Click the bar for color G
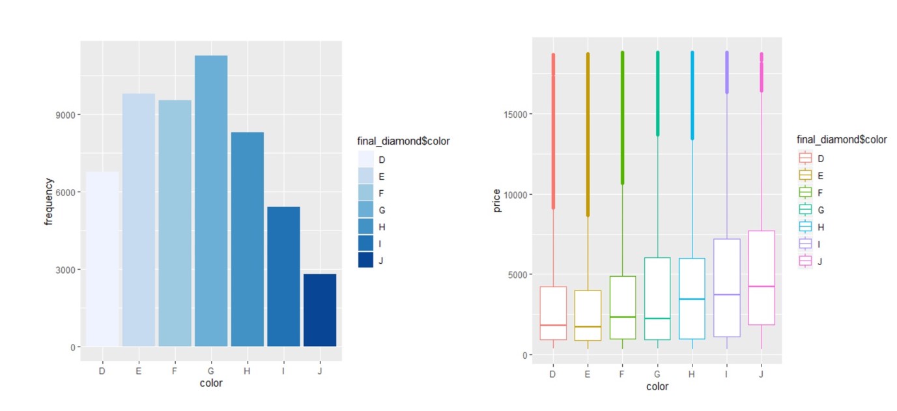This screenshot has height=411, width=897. pos(211,201)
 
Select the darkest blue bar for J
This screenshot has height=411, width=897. pos(320,310)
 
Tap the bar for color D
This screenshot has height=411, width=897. pos(102,259)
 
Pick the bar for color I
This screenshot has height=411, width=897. pos(283,276)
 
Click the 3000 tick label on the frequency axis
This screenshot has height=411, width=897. pos(66,270)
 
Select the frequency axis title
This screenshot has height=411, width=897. pos(48,201)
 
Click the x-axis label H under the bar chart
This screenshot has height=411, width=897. pos(247,371)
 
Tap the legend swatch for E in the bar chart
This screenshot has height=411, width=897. pos(365,176)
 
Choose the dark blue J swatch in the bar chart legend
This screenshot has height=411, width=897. pos(365,260)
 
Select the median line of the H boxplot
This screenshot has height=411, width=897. pos(692,299)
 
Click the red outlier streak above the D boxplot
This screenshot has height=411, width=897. pos(554,131)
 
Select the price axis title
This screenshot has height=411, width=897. pos(496,201)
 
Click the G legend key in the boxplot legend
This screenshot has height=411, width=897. pos(805,210)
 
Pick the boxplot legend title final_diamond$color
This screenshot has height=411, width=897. pos(842,139)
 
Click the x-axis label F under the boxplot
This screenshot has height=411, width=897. pos(621,374)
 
